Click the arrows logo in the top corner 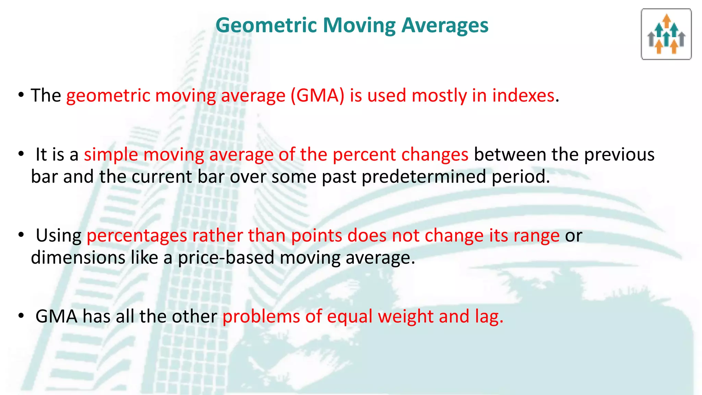pos(666,34)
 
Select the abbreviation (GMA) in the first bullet pos(317,95)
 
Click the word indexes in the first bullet pos(523,95)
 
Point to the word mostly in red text pos(439,95)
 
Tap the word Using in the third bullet pos(59,236)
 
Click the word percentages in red pos(137,236)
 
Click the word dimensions pos(78,258)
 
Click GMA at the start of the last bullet pos(56,316)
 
